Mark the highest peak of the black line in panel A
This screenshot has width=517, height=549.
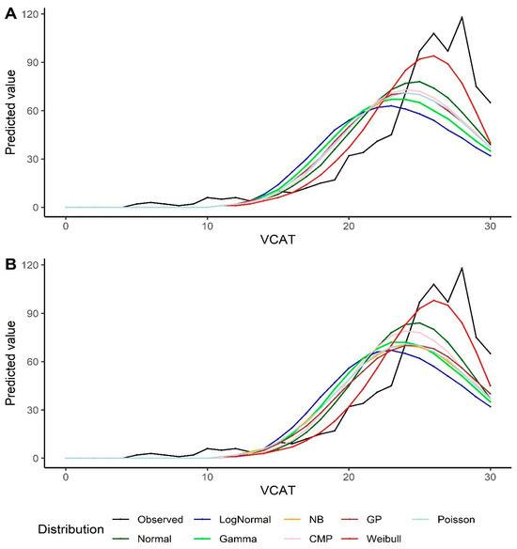coord(462,17)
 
